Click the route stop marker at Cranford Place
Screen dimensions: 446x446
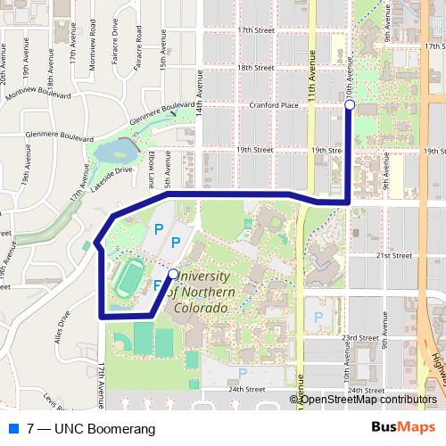[x=350, y=105]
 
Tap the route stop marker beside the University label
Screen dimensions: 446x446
[x=173, y=274]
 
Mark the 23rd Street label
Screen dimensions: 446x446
[x=362, y=337]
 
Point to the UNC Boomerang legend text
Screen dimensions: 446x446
[x=86, y=428]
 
